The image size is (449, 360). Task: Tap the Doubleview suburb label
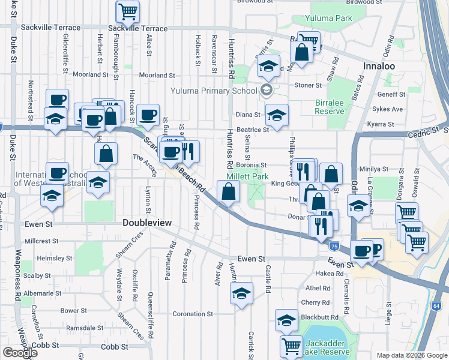pyautogui.click(x=147, y=223)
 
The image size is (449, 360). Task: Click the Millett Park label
pyautogui.click(x=247, y=177)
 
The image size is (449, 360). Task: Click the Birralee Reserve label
pyautogui.click(x=330, y=107)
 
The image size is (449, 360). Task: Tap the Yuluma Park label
pyautogui.click(x=328, y=18)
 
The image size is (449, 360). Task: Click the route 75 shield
pyautogui.click(x=334, y=246)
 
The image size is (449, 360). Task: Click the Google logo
pyautogui.click(x=20, y=352)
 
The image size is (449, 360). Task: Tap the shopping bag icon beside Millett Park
pyautogui.click(x=229, y=192)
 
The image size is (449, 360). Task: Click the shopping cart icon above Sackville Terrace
pyautogui.click(x=128, y=10)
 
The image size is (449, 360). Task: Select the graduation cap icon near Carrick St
pyautogui.click(x=241, y=293)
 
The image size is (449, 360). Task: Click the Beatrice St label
pyautogui.click(x=252, y=130)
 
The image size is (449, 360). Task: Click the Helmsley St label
pyautogui.click(x=54, y=258)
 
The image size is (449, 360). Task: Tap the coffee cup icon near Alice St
pyautogui.click(x=148, y=115)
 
